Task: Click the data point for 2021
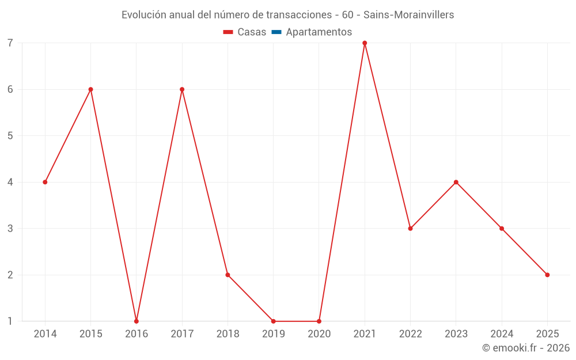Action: (x=365, y=43)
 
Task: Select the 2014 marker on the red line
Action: (x=45, y=182)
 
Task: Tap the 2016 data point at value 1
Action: (x=137, y=321)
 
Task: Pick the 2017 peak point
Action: (x=182, y=89)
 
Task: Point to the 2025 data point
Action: (x=547, y=275)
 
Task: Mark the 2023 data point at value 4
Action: (x=456, y=182)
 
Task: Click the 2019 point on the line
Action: (x=273, y=321)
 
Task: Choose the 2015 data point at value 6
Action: (x=90, y=89)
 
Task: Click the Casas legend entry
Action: (x=245, y=32)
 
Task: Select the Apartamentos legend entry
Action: (x=319, y=32)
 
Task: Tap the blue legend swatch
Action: (x=276, y=32)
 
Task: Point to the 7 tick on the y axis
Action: (x=10, y=43)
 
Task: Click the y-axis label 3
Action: (x=10, y=229)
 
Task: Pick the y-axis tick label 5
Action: (x=10, y=136)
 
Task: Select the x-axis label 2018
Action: (x=228, y=334)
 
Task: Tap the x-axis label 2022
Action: (x=410, y=334)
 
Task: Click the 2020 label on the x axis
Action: (x=319, y=334)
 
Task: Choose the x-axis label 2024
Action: (x=502, y=334)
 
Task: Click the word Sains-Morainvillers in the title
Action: (x=408, y=15)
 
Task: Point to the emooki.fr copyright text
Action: (x=526, y=348)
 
